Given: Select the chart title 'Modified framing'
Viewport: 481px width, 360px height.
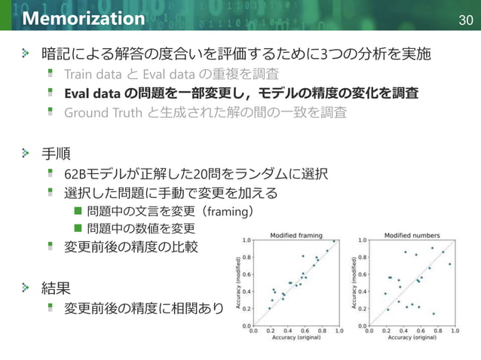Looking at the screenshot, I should pos(296,235).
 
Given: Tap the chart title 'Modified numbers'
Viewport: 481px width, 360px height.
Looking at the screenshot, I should pos(407,235).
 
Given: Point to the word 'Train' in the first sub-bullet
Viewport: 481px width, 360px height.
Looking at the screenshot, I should pos(79,74).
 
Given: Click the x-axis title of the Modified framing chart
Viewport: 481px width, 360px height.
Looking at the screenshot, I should pos(296,337).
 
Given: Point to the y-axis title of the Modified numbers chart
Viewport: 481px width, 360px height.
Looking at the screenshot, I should pos(354,283).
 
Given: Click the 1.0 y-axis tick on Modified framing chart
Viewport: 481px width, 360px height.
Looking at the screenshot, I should pos(247,241).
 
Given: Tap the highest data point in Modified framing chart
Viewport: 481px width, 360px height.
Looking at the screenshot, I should pos(334,242).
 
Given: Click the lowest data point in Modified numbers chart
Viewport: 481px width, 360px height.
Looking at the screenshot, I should pos(434,313).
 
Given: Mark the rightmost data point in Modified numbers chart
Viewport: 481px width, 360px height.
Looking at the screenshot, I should pos(450,264).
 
